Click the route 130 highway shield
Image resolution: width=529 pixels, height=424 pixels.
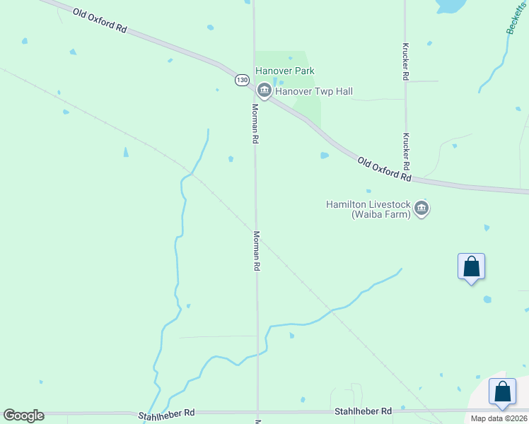[243, 81]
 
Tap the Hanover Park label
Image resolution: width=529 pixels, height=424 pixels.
[285, 71]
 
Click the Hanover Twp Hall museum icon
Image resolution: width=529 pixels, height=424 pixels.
[264, 90]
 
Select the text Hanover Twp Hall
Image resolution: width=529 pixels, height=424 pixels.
[314, 91]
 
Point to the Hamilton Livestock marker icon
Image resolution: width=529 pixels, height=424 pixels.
[422, 208]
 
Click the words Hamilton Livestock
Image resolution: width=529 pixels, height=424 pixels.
[368, 204]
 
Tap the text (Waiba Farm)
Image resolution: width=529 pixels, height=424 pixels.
[381, 214]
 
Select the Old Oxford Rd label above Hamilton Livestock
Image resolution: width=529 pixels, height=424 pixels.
[385, 170]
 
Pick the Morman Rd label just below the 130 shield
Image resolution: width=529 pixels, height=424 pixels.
[255, 124]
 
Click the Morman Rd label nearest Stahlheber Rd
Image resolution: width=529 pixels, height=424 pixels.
[257, 252]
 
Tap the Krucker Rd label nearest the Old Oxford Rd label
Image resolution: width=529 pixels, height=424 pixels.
[407, 151]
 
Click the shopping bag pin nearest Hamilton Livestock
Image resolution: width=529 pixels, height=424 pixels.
[472, 267]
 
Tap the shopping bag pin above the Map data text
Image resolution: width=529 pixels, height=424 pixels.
[502, 392]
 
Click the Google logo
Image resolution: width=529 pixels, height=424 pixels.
[23, 416]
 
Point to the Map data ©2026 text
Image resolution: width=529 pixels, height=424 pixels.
[499, 418]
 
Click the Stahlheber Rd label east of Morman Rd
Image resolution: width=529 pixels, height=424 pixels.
[363, 411]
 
